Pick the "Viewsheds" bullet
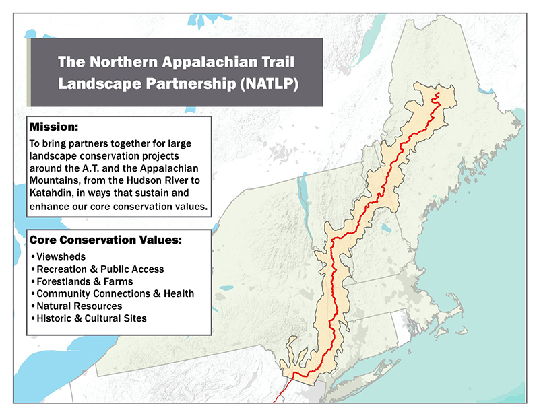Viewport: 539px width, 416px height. tap(59, 258)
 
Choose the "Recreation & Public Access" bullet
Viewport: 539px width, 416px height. tap(100, 269)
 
